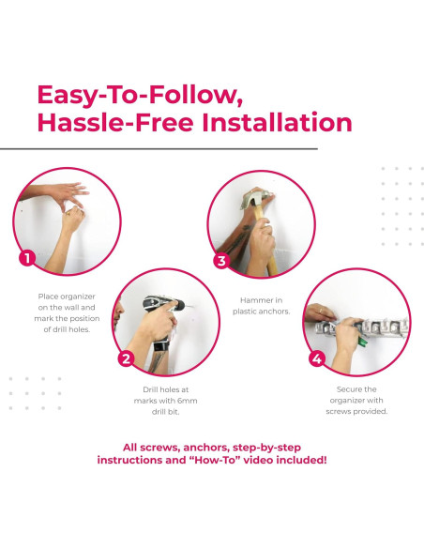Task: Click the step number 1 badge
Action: pos(27,259)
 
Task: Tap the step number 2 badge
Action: pos(126,358)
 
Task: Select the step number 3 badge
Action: pos(221,261)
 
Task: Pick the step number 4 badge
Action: pos(317,358)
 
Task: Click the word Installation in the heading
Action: pos(277,122)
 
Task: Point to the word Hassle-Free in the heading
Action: pos(115,122)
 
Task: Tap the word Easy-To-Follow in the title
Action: pos(140,95)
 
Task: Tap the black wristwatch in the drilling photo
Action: pos(161,346)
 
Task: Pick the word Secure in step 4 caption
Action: pos(347,389)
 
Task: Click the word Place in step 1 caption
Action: pos(47,297)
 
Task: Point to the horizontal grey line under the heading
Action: pos(159,149)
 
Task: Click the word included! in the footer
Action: pos(301,460)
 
